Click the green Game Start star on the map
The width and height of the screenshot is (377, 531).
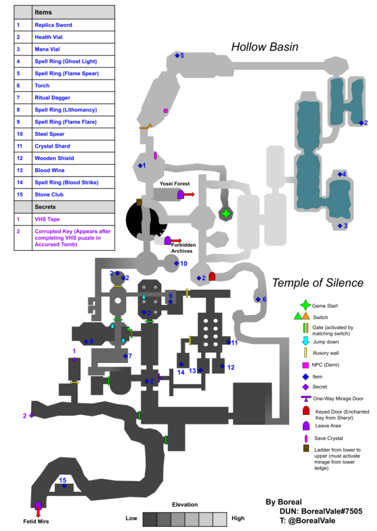pyautogui.click(x=226, y=213)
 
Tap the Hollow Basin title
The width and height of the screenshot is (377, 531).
pyautogui.click(x=264, y=47)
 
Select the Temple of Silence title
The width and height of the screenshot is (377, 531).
pyautogui.click(x=317, y=283)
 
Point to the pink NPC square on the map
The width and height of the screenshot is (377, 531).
pyautogui.click(x=165, y=111)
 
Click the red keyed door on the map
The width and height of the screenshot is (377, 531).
pyautogui.click(x=212, y=276)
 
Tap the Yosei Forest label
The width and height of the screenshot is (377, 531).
pyautogui.click(x=175, y=184)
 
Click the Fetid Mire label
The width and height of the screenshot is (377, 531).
pyautogui.click(x=38, y=522)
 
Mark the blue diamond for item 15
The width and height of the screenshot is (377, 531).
pyautogui.click(x=64, y=486)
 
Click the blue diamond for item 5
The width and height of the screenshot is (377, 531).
pyautogui.click(x=177, y=55)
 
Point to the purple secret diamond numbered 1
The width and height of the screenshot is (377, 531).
pyautogui.click(x=75, y=359)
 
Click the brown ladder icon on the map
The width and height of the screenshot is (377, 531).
pyautogui.click(x=139, y=202)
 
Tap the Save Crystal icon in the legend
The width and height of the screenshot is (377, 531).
pyautogui.click(x=305, y=438)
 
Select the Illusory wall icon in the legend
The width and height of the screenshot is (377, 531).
pyautogui.click(x=305, y=353)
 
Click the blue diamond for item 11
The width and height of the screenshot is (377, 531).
pyautogui.click(x=229, y=342)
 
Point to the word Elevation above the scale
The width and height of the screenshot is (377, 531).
pyautogui.click(x=185, y=505)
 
